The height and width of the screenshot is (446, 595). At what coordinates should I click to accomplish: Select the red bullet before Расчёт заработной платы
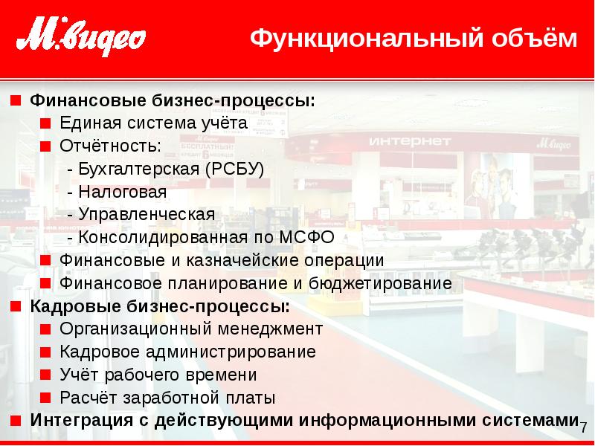point(46,398)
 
